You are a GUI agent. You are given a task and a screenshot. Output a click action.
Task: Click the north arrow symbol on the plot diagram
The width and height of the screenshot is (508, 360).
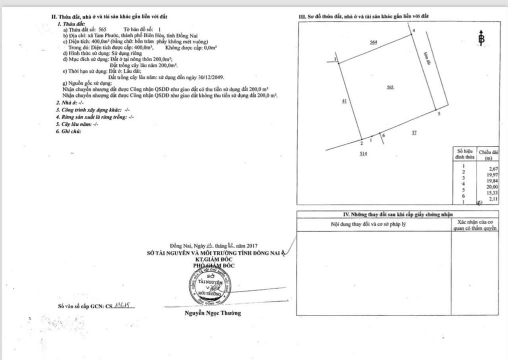click(481, 38)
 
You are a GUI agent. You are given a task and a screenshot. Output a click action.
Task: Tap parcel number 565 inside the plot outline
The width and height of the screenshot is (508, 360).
click(390, 87)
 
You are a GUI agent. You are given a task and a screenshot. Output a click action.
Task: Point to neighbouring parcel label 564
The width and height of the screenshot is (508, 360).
click(373, 42)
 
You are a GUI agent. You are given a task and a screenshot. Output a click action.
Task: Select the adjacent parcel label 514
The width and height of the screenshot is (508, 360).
click(363, 154)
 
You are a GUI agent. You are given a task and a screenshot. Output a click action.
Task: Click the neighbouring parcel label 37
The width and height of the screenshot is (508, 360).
click(414, 132)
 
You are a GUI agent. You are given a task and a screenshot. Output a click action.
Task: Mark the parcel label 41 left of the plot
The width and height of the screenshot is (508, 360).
click(344, 101)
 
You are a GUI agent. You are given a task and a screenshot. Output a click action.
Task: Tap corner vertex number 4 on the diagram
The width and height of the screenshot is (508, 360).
click(413, 31)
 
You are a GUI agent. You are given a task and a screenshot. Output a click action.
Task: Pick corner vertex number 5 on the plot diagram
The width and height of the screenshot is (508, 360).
click(438, 114)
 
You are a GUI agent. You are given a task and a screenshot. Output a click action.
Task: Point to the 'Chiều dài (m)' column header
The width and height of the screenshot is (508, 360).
click(488, 154)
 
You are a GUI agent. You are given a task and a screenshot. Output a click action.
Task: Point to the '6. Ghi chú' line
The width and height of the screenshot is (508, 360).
click(68, 131)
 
